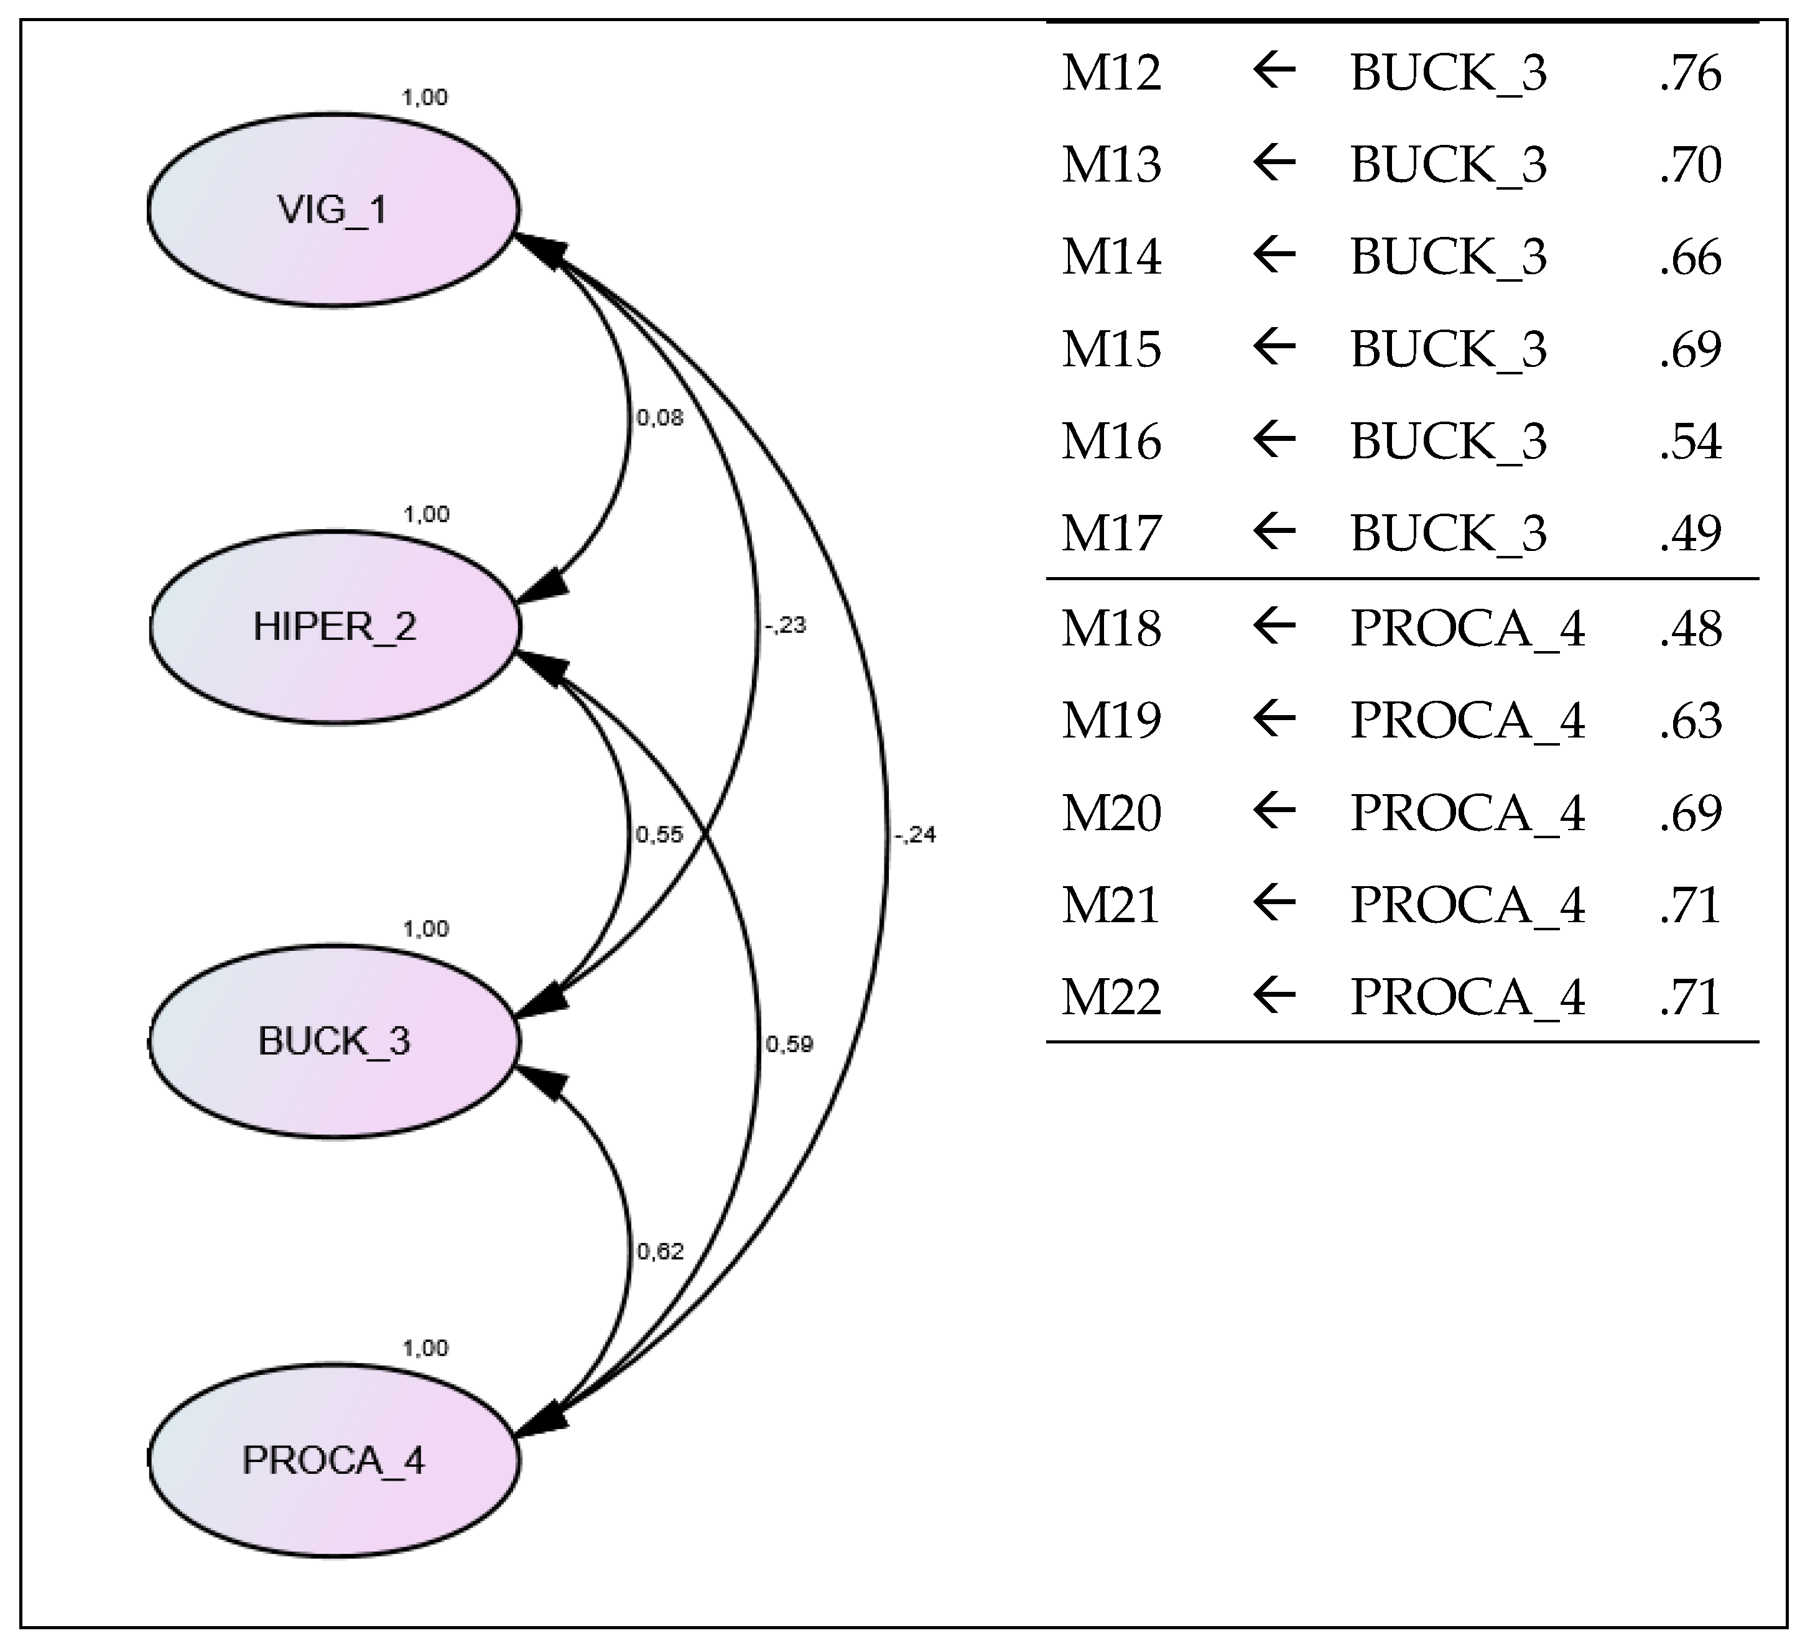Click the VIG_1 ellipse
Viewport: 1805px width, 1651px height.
[333, 210]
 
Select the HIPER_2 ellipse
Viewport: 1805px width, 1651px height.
[335, 627]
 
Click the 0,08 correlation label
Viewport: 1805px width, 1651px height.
[660, 418]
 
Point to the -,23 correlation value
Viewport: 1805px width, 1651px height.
[785, 625]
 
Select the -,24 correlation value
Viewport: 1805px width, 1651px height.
[914, 835]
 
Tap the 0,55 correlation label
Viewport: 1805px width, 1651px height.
[660, 835]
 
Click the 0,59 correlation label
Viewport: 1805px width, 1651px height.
[789, 1044]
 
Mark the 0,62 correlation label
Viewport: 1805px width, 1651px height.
[661, 1252]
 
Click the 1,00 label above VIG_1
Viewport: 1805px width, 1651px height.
[424, 96]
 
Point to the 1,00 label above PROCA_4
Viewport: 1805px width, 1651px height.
[424, 1348]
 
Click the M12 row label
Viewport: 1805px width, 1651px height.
[1111, 73]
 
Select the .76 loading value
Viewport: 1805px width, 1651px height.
[1689, 73]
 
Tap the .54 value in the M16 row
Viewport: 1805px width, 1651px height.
[1689, 442]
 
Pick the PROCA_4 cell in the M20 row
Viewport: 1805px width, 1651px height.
[1467, 813]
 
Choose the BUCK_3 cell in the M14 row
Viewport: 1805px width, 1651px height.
[1448, 257]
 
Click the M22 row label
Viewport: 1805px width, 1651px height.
[1111, 997]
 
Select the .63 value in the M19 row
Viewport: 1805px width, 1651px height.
[1689, 721]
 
